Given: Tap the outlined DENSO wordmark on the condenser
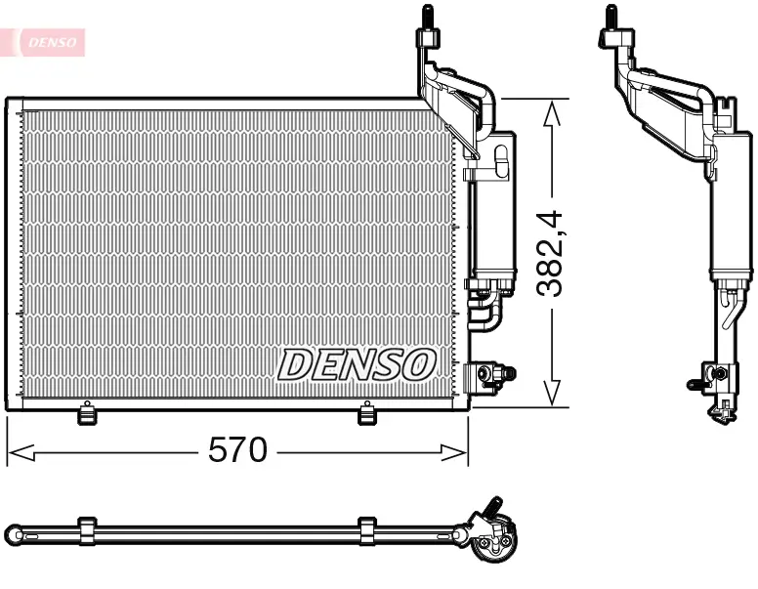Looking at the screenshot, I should coord(357,364).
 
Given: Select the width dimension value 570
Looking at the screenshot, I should coord(237,450).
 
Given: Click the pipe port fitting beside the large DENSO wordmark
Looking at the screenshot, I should coord(488,375).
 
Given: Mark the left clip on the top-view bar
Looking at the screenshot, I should coord(86,530).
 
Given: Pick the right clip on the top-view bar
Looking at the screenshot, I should coord(367,530).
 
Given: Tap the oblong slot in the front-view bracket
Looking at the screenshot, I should coord(501,161).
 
